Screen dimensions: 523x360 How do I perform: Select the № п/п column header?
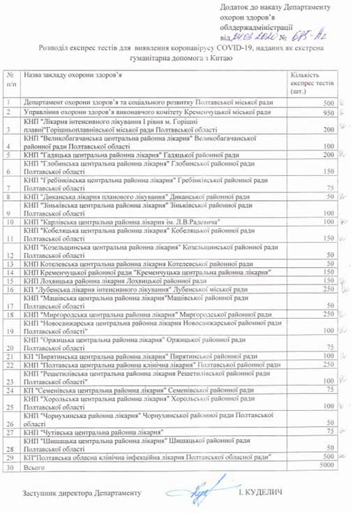(10, 78)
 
